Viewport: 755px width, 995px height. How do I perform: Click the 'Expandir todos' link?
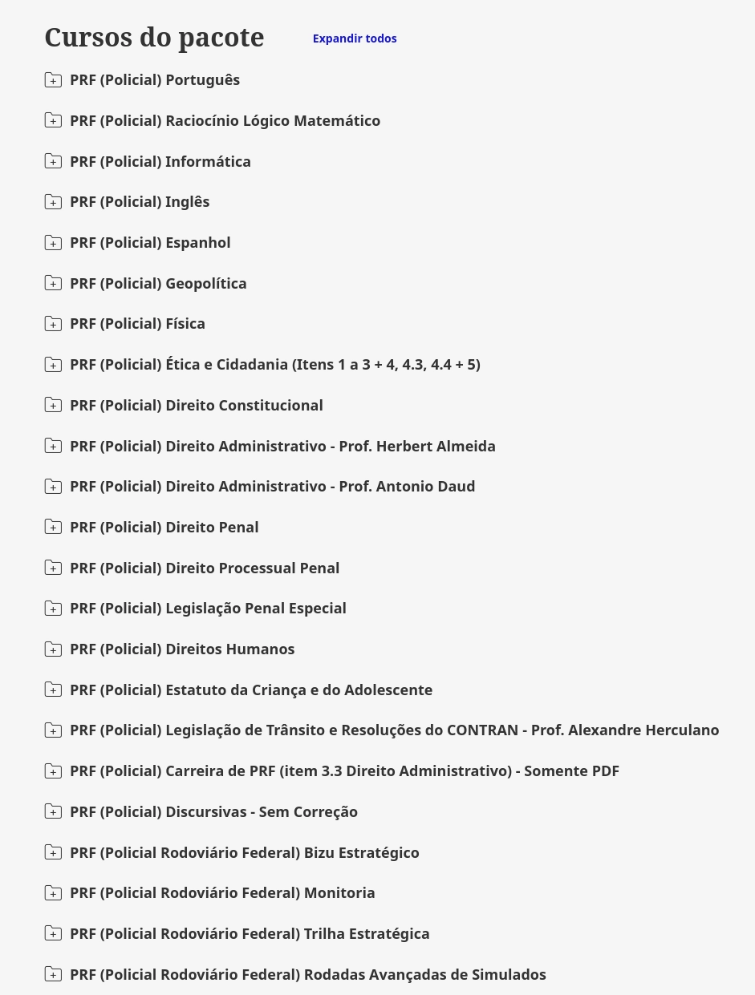click(x=355, y=38)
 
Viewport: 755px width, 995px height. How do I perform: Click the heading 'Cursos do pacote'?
click(x=154, y=38)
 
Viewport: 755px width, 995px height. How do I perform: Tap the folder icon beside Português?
click(x=53, y=80)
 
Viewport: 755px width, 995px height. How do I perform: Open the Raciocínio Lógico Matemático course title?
click(x=225, y=121)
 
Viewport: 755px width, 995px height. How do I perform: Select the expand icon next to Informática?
click(x=53, y=161)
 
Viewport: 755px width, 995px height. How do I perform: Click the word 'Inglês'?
click(x=187, y=202)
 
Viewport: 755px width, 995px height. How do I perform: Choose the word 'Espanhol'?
click(x=197, y=243)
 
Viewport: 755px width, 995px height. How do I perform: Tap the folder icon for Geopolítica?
click(x=53, y=283)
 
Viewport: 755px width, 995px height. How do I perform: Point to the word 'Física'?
click(x=185, y=324)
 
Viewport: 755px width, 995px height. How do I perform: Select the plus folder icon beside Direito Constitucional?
click(x=53, y=405)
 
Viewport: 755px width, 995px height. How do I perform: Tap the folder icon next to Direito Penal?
click(x=53, y=527)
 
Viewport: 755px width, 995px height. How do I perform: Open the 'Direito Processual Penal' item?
click(x=252, y=568)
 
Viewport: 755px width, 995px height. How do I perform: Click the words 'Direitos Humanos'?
click(x=229, y=649)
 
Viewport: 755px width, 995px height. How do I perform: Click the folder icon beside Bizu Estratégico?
click(x=53, y=852)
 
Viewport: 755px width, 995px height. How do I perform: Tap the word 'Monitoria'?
click(x=339, y=893)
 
